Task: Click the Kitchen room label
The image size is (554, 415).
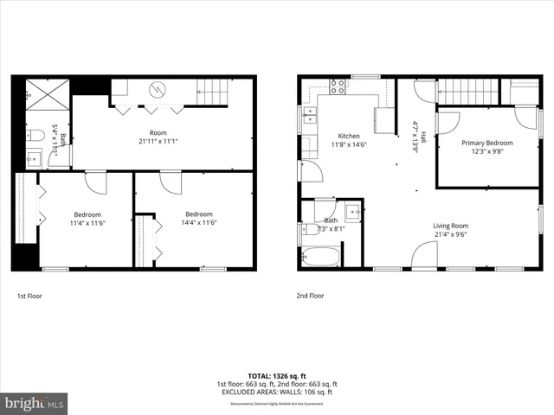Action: (349, 136)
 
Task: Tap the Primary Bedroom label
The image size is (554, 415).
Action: (486, 143)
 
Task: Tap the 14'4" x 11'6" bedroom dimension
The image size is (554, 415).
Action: (199, 222)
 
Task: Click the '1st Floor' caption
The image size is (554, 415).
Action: (29, 296)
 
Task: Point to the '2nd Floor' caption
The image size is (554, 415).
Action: (309, 296)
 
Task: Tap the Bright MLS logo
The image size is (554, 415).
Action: (35, 403)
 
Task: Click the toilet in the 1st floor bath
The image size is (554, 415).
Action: (35, 135)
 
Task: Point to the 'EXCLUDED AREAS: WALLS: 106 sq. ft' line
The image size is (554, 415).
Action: (276, 391)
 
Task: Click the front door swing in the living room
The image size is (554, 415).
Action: (424, 256)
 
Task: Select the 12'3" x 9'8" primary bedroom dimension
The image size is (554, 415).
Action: (486, 151)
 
